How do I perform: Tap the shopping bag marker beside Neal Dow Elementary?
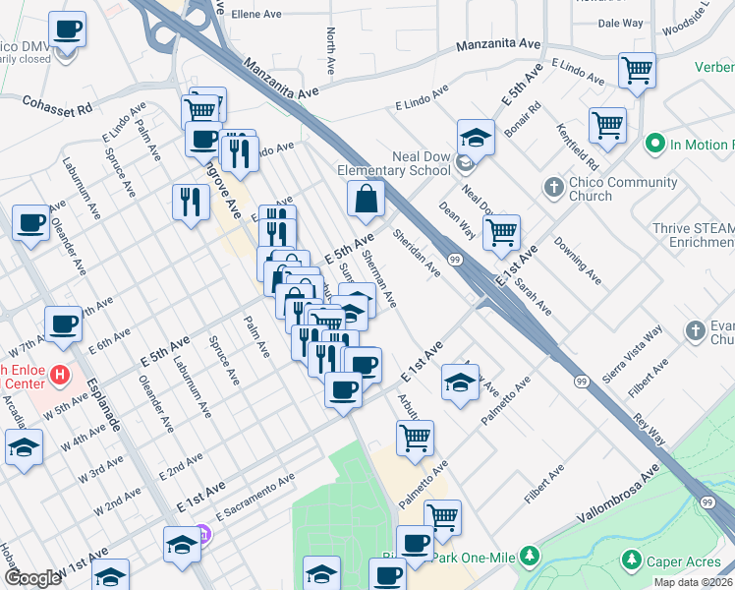[366, 199]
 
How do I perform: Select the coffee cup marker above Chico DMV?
[68, 29]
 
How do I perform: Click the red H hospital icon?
[61, 375]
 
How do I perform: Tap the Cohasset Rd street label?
[58, 102]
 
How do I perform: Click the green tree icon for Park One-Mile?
[531, 558]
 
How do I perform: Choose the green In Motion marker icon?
[655, 145]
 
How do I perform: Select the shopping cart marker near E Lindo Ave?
[637, 71]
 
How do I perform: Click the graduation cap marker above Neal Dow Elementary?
[476, 138]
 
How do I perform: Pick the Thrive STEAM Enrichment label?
[693, 235]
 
